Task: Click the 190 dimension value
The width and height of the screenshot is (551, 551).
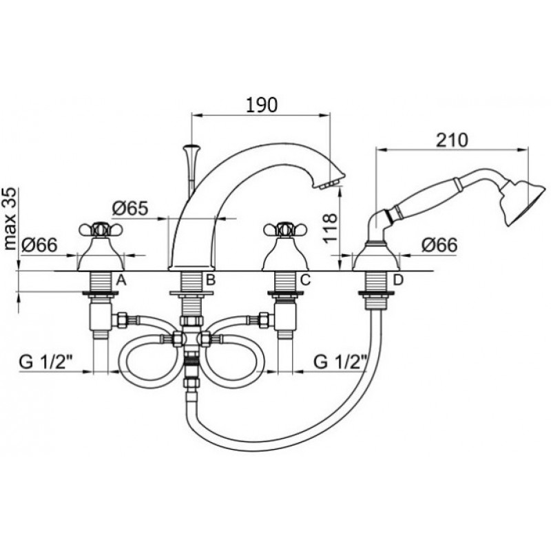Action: (x=261, y=105)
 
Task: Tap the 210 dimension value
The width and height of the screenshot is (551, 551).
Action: (x=452, y=140)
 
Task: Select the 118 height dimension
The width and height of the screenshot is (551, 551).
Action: (x=331, y=229)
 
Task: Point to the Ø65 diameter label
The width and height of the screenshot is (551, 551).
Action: (x=130, y=209)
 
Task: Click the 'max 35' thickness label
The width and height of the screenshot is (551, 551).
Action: (x=10, y=218)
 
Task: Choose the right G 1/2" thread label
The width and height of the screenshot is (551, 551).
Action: (x=340, y=362)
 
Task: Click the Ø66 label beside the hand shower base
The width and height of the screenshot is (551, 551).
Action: (x=440, y=245)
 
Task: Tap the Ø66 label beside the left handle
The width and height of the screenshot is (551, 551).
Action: (x=39, y=245)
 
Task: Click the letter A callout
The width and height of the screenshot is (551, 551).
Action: (x=121, y=280)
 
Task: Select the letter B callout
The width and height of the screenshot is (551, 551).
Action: (x=210, y=280)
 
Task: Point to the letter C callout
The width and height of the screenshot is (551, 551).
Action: (x=305, y=280)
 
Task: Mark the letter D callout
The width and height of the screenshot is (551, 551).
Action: (x=398, y=280)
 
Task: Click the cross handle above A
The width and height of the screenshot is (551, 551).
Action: (x=100, y=229)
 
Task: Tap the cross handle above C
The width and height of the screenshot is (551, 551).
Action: (x=285, y=229)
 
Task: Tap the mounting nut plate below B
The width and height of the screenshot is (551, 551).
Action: (x=191, y=293)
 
